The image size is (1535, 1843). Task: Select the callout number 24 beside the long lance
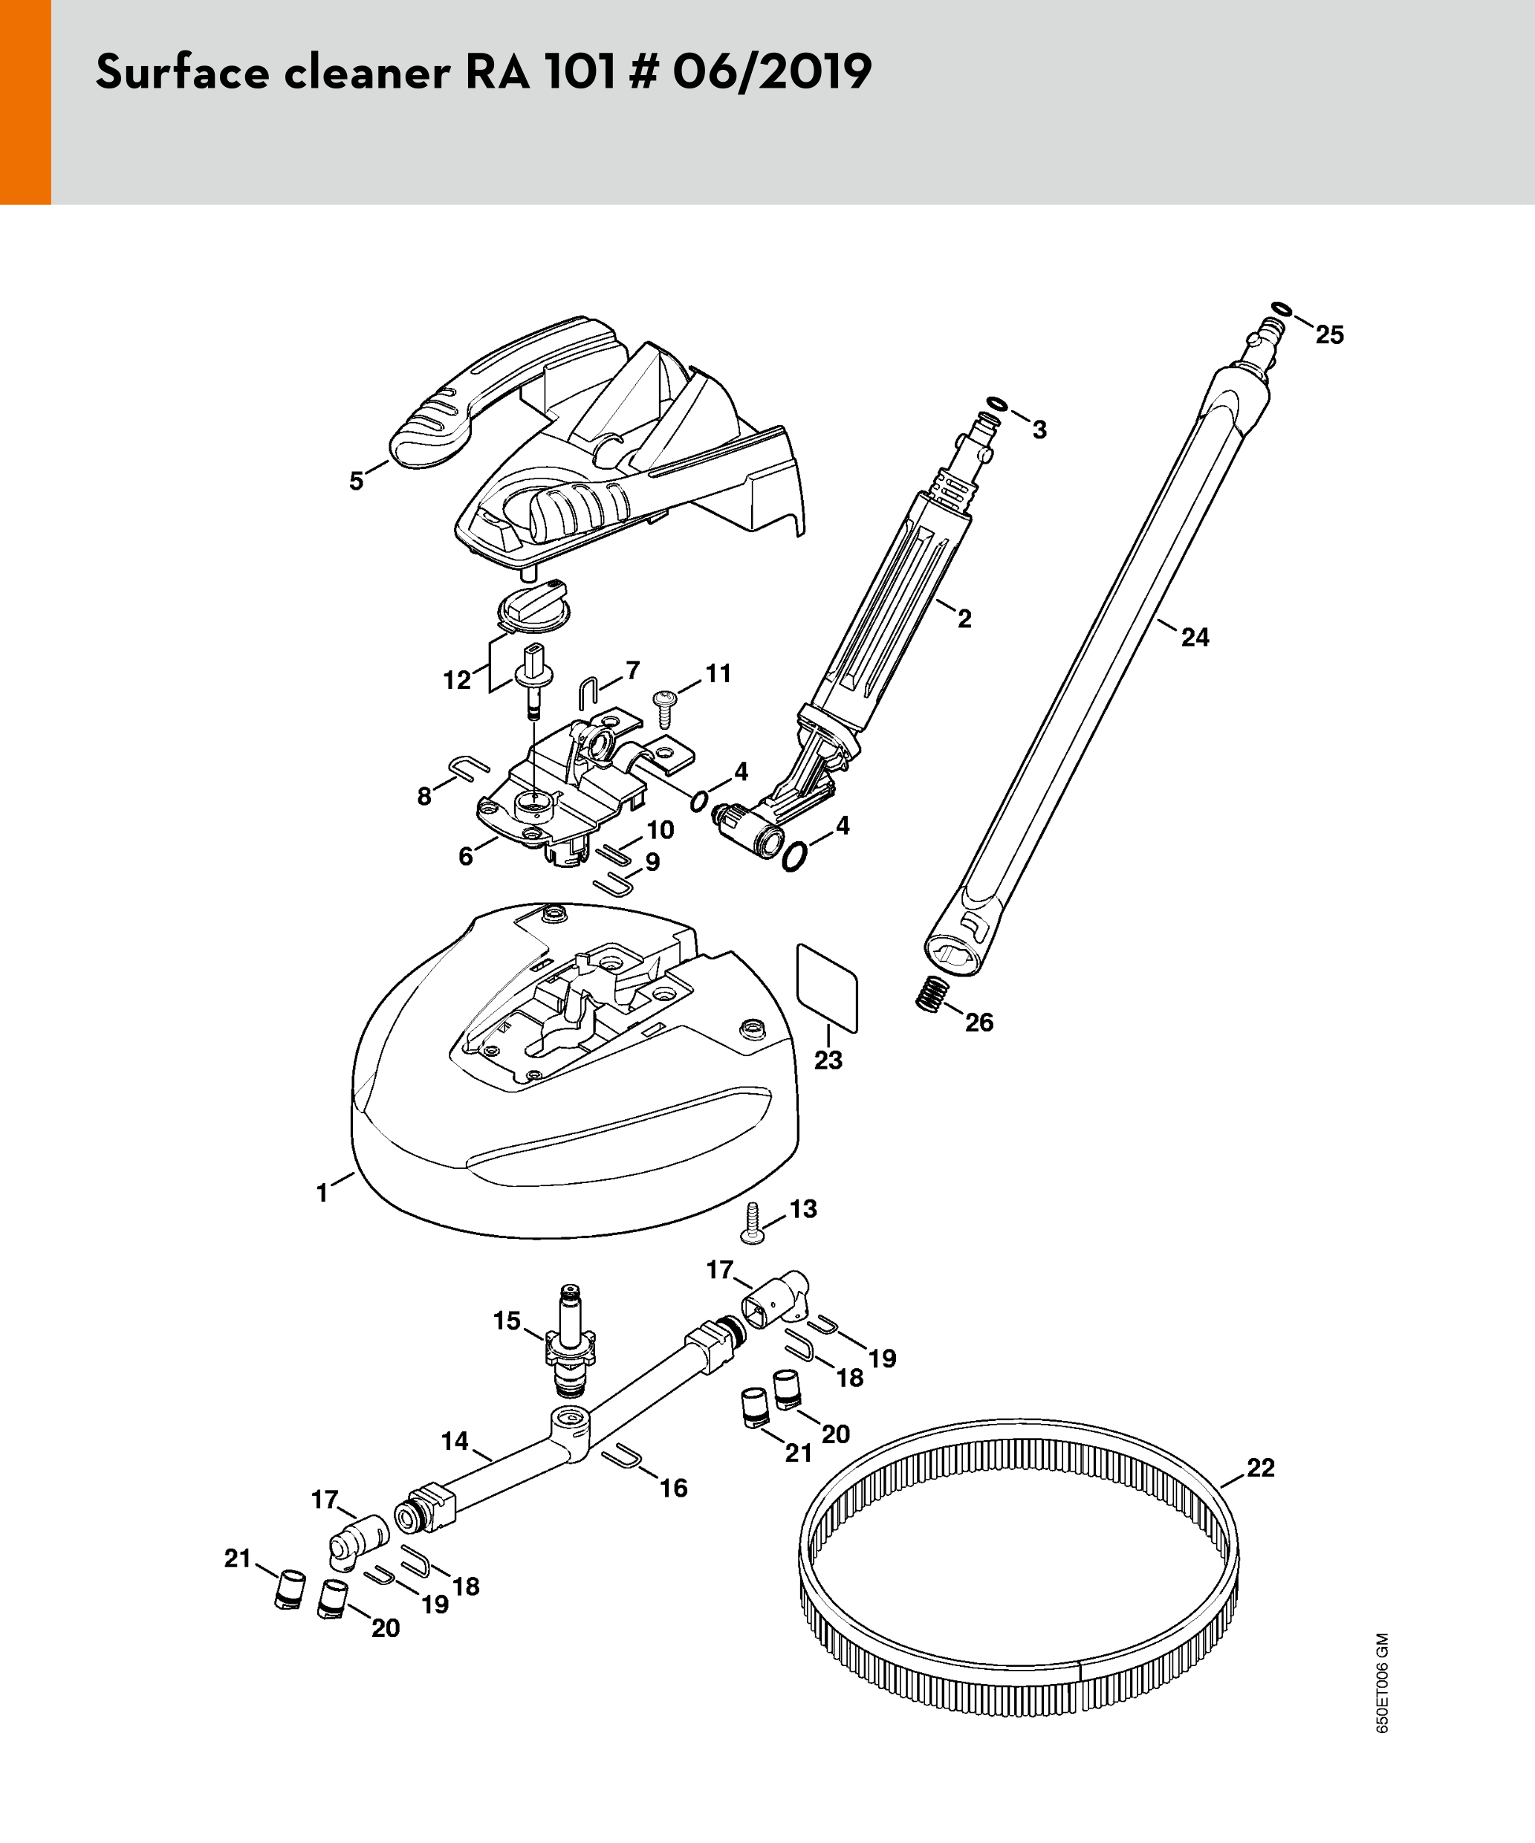pyautogui.click(x=1195, y=637)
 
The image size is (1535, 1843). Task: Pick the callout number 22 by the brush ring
pyautogui.click(x=1260, y=1468)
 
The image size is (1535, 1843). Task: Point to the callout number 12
pyautogui.click(x=456, y=680)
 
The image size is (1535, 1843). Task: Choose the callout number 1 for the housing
pyautogui.click(x=322, y=1193)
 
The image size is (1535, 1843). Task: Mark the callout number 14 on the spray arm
pyautogui.click(x=455, y=1441)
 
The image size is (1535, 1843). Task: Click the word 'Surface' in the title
pyautogui.click(x=182, y=72)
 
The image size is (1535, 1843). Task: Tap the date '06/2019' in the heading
pyautogui.click(x=772, y=72)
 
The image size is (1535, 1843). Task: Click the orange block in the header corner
pyautogui.click(x=25, y=102)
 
